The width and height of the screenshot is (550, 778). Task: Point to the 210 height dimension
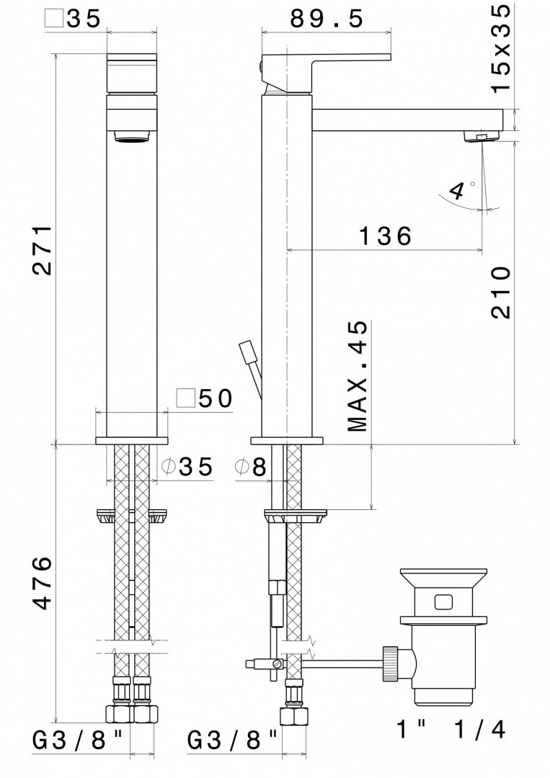click(500, 292)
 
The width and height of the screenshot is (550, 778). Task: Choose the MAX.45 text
click(358, 376)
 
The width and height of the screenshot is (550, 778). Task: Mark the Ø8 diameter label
click(251, 468)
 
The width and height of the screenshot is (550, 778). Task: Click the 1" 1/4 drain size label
click(451, 729)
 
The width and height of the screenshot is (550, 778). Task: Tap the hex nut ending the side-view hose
click(294, 717)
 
